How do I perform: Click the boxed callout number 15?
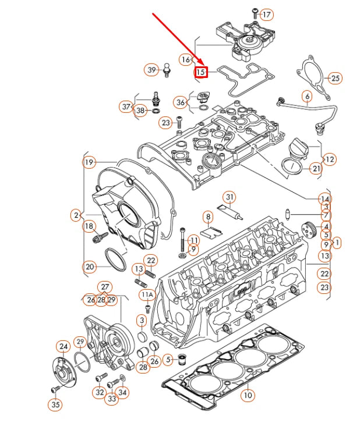[201, 72]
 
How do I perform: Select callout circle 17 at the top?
[267, 14]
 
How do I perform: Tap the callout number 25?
[334, 77]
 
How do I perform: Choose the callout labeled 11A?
[147, 295]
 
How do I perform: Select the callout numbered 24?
[63, 347]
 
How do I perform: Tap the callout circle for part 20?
[89, 267]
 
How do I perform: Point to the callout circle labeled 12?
[330, 158]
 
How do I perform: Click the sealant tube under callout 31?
[231, 212]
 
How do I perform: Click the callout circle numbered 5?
[168, 360]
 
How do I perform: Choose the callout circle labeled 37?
[126, 106]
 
